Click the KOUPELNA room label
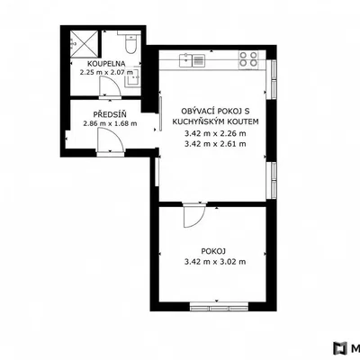tap(106, 64)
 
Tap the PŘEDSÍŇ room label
tap(110, 114)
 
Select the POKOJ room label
tap(213, 251)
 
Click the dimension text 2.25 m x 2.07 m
tap(106, 72)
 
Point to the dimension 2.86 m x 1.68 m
tap(110, 123)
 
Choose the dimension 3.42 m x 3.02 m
tap(215, 262)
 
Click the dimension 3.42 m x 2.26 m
tap(215, 133)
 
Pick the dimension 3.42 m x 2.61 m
tap(215, 144)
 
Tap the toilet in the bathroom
tap(130, 43)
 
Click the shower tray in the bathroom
tap(85, 44)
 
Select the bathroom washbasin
tap(133, 77)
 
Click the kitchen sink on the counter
tap(192, 60)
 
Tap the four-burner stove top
tap(248, 58)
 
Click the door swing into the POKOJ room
tap(194, 215)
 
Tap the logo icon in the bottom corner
tap(340, 348)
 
